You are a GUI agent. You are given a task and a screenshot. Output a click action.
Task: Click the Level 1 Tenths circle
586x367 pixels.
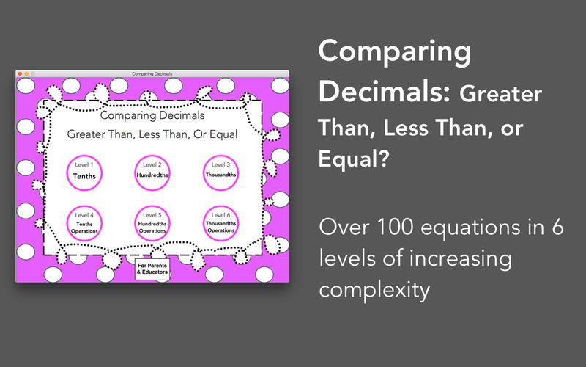[x=84, y=172]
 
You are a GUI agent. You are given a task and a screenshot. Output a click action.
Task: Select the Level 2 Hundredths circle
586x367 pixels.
[x=152, y=172]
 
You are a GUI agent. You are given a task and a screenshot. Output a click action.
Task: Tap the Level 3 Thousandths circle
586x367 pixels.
[x=221, y=172]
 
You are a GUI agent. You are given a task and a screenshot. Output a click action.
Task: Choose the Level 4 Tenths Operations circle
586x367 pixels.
[x=84, y=223]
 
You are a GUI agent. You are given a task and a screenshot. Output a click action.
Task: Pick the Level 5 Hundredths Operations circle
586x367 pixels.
[x=152, y=223]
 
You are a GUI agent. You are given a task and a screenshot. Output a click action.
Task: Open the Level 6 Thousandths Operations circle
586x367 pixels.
[x=221, y=223]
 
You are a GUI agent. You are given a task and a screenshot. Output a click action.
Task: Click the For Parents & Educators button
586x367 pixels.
[x=152, y=269]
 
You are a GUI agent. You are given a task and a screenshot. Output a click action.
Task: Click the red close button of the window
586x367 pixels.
[x=21, y=74]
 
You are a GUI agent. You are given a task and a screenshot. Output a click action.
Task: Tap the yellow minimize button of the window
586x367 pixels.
[x=26, y=74]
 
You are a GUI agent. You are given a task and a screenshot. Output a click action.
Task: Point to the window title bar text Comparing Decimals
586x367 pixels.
[x=152, y=74]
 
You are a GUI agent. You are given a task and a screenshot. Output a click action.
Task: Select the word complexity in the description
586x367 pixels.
[x=374, y=290]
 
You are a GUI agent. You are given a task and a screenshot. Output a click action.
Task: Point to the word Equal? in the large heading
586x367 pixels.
[x=354, y=158]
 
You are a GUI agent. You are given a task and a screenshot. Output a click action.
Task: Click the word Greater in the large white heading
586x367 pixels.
[x=501, y=94]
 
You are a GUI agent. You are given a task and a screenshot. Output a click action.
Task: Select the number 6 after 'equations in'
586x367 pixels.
[x=557, y=227]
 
